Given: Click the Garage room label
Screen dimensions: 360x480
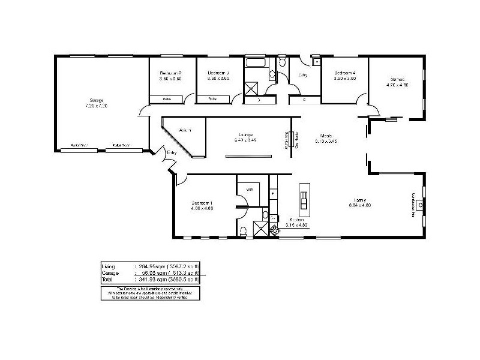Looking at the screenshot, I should click(x=97, y=100).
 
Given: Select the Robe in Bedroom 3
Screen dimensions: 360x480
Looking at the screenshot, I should click(x=212, y=99).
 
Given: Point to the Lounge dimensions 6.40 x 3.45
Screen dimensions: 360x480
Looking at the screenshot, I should click(x=245, y=140).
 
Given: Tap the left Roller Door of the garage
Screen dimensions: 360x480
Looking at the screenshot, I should click(x=76, y=145).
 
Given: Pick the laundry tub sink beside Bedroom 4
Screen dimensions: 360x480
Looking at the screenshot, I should click(x=316, y=61).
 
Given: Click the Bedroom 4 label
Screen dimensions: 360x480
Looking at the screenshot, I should click(x=345, y=73).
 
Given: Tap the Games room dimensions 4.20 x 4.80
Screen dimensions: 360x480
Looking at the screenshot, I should click(x=397, y=85).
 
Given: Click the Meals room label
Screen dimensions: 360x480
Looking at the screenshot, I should click(x=326, y=136).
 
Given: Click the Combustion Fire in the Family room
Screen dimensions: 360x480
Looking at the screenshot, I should click(x=421, y=205).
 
